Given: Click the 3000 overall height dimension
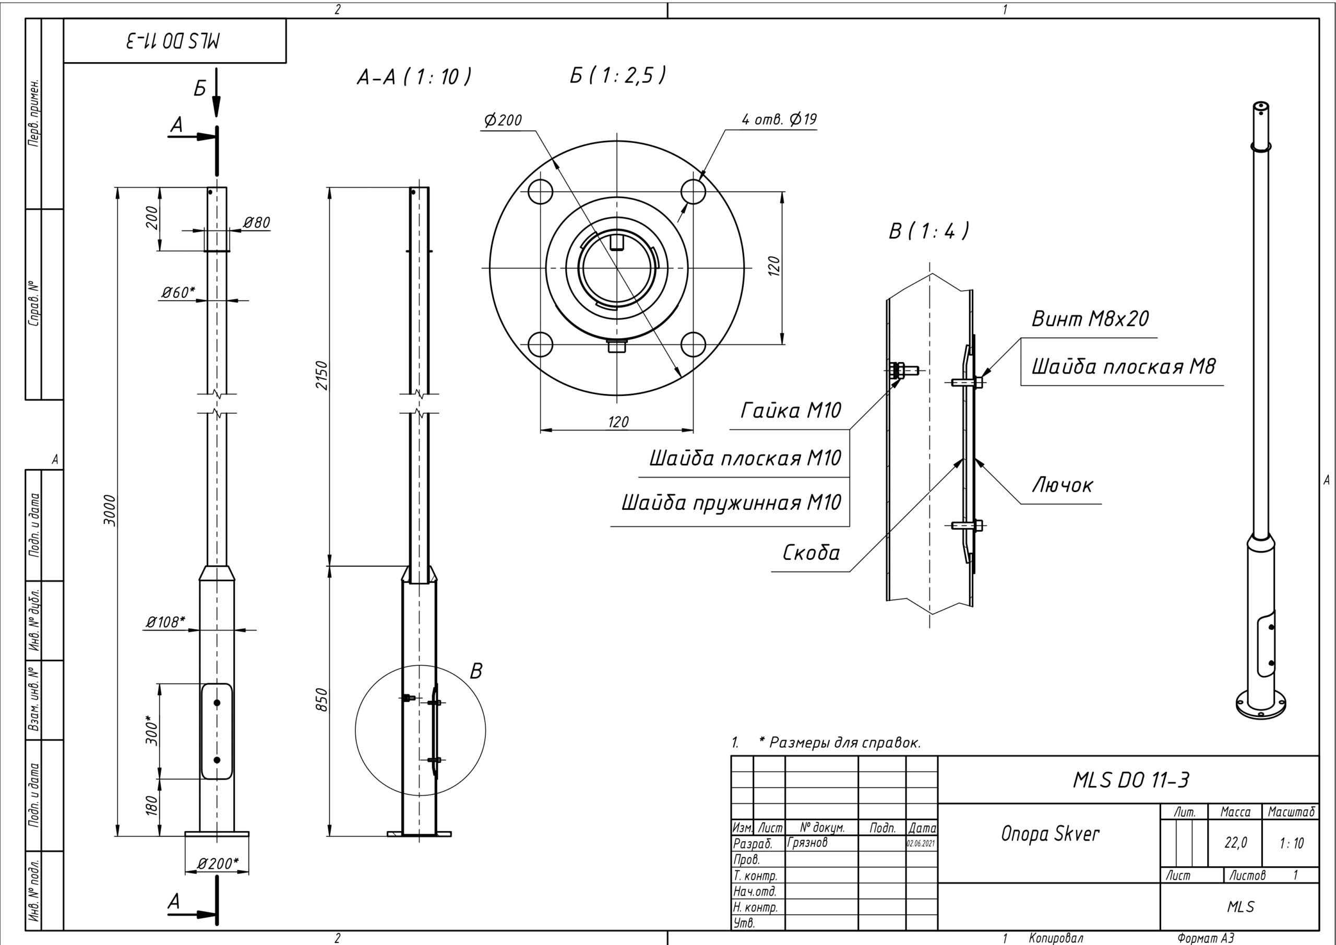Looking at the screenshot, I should (110, 511).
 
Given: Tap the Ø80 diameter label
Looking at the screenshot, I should (257, 222).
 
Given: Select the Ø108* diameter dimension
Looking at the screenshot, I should (165, 622).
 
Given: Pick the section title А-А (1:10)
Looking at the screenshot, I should (414, 76).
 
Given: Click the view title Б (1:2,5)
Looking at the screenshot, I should (617, 75).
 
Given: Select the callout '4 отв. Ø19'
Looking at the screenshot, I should (779, 119).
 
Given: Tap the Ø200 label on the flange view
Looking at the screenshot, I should (503, 121).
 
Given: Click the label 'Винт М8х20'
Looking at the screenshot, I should (1090, 319).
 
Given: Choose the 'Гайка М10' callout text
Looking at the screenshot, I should (791, 411).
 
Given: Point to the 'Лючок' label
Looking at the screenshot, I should (1063, 485).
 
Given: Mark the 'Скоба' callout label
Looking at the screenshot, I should (811, 553).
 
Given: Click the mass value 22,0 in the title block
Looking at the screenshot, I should (1235, 843).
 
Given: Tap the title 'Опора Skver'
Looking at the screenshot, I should (1051, 834).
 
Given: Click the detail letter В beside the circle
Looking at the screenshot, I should (476, 672).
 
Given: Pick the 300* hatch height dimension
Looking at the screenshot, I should (152, 731).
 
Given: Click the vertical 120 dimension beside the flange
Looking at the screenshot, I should (774, 266).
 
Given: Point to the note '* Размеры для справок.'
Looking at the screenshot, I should (840, 743).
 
